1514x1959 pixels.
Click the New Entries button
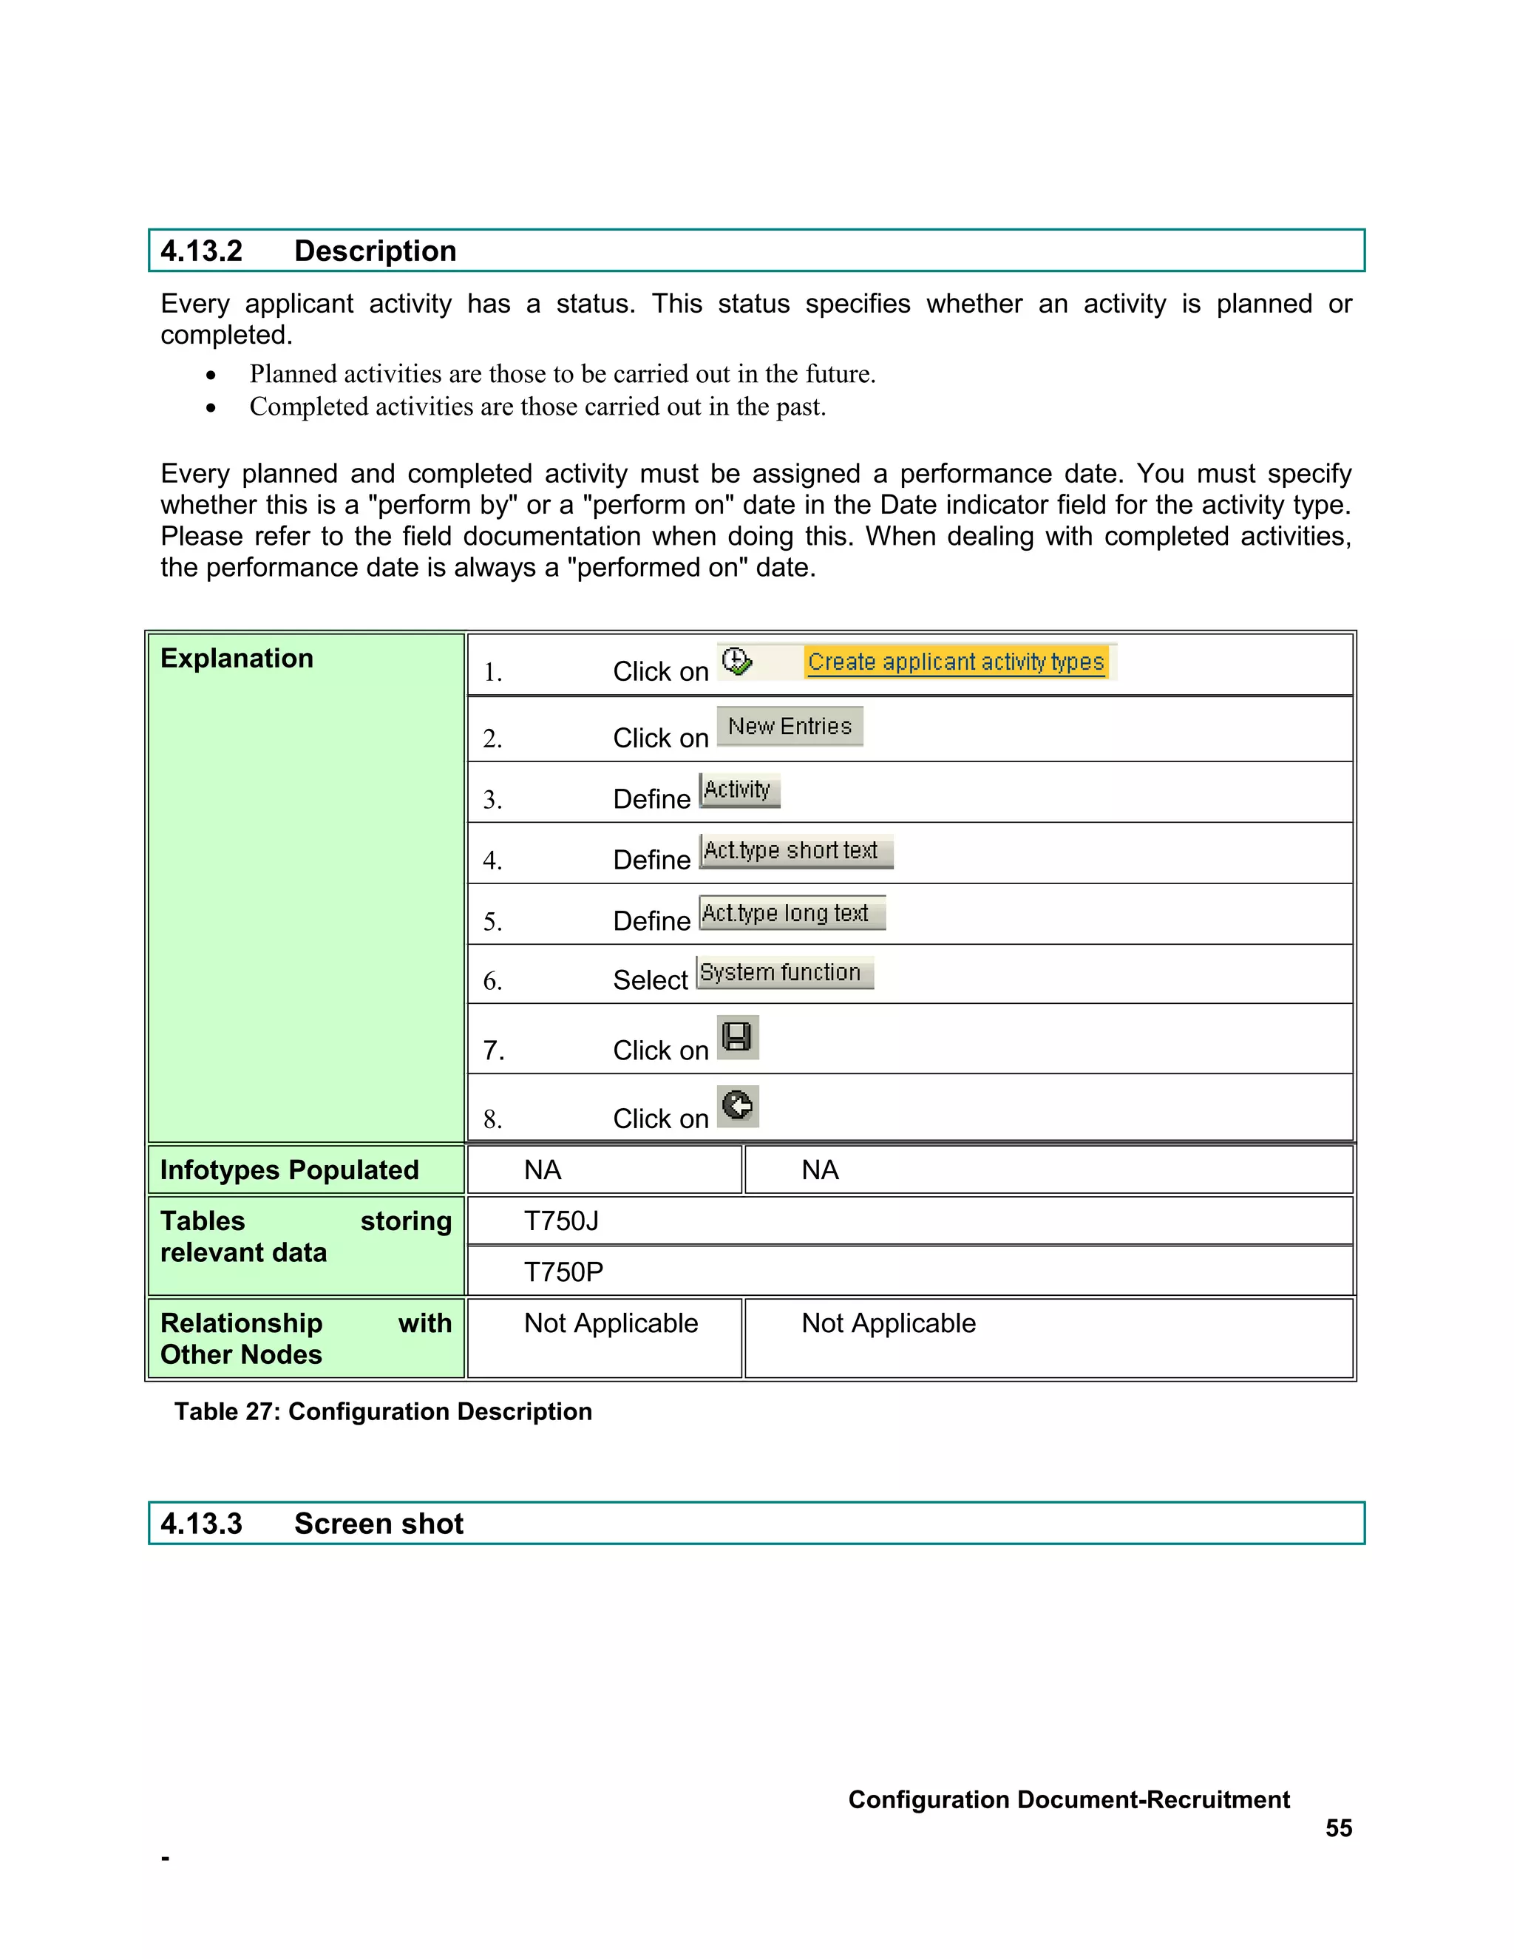[x=790, y=727]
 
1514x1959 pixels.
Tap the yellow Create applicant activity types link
[x=955, y=662]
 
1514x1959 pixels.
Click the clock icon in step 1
[x=736, y=661]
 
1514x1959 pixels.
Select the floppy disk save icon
[x=737, y=1037]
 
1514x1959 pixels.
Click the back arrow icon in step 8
[x=737, y=1105]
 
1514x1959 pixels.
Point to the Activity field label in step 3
[x=739, y=790]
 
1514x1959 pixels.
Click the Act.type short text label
[x=795, y=850]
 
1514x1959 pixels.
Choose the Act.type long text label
[x=790, y=913]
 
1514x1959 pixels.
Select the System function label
[x=784, y=972]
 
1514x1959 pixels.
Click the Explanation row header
[x=237, y=659]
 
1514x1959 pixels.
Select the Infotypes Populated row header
[x=289, y=1169]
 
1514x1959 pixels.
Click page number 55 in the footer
[x=1338, y=1828]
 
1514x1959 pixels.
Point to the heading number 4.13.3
[x=201, y=1523]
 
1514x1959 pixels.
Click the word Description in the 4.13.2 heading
[x=375, y=251]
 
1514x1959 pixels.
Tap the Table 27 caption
[x=383, y=1412]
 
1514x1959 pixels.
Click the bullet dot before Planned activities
[x=211, y=375]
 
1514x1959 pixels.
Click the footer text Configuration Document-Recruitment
[x=1068, y=1799]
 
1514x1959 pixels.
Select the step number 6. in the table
[x=492, y=980]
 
